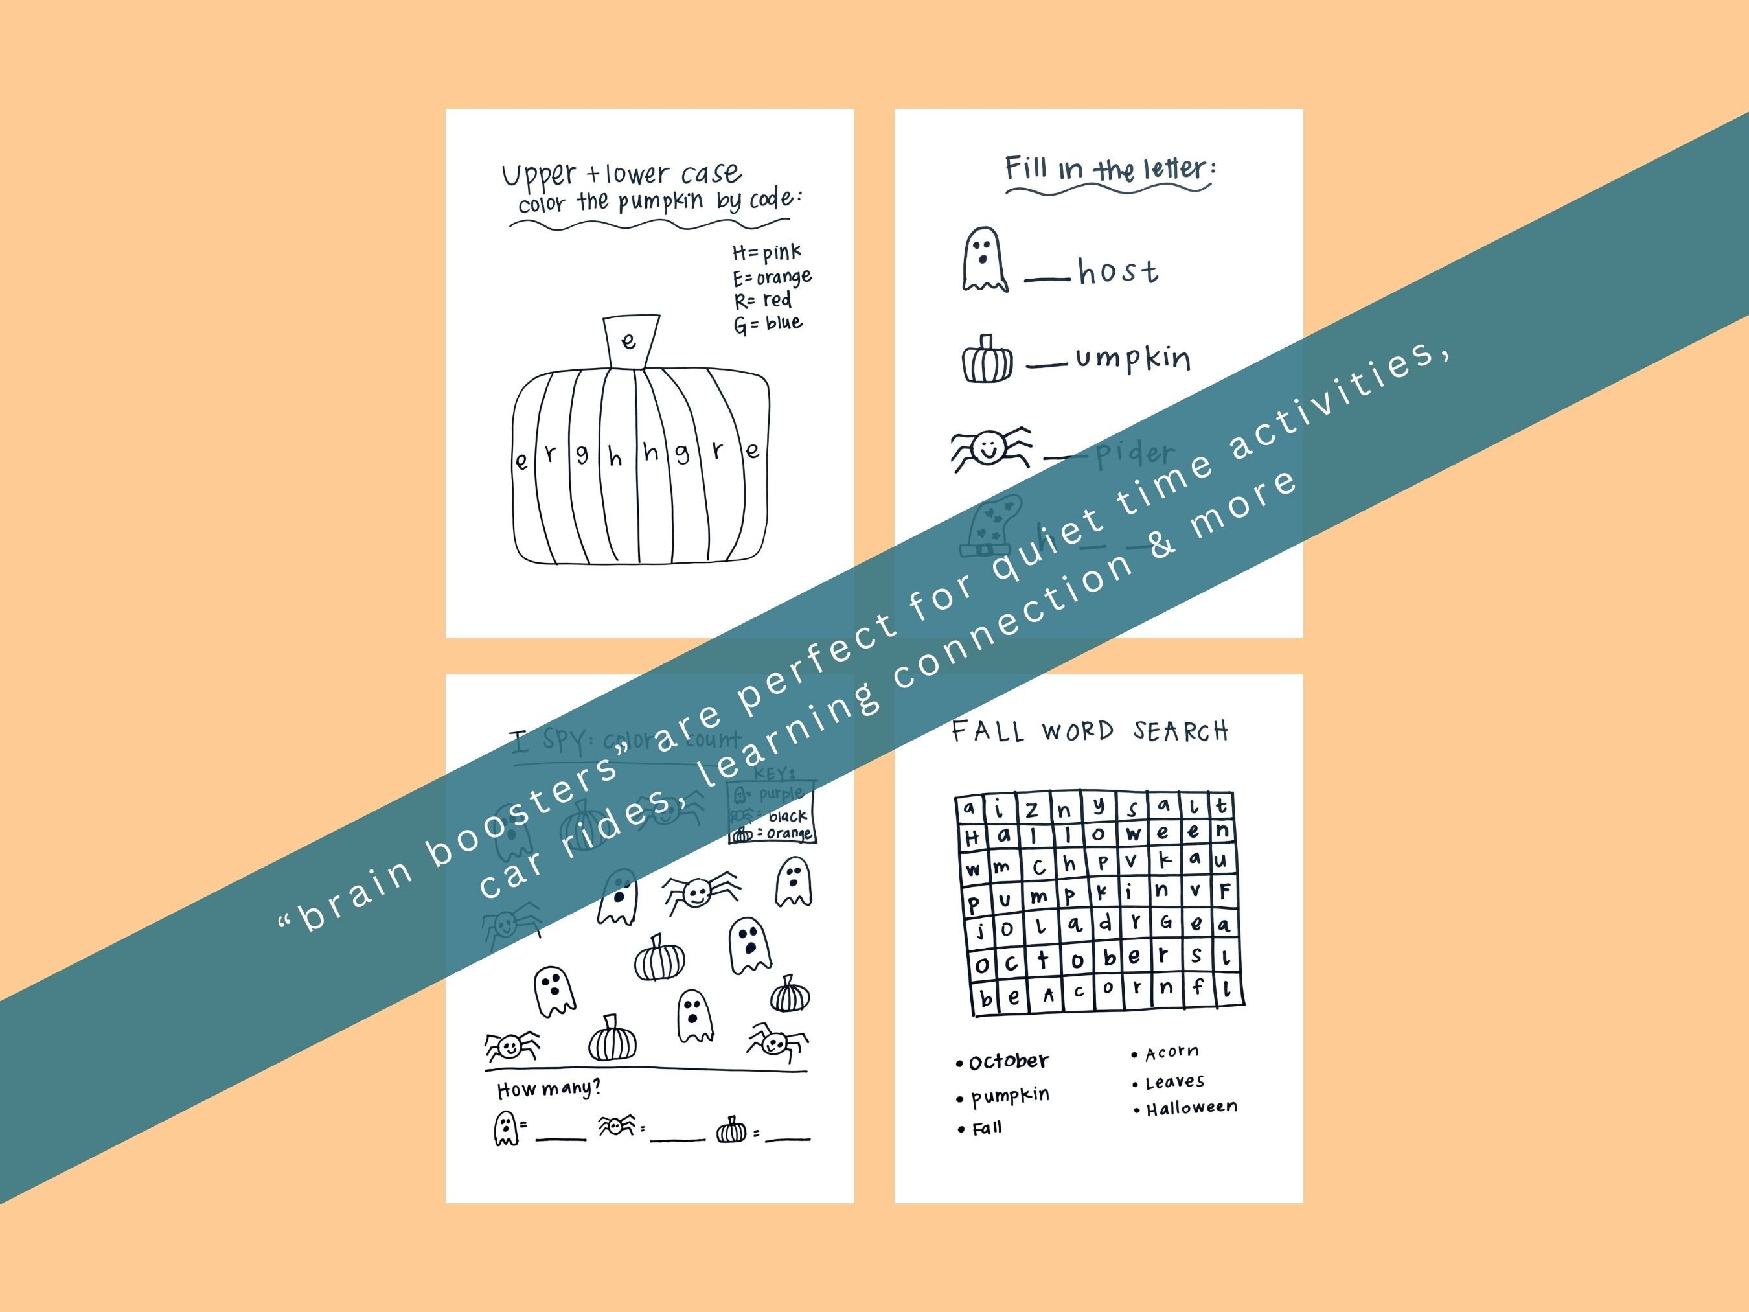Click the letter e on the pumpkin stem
tap(628, 341)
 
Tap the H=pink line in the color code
tap(766, 253)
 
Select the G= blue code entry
tap(768, 323)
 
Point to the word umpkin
tap(1132, 359)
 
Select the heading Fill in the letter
tap(1110, 169)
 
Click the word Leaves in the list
tap(1174, 1081)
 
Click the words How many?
tap(549, 1089)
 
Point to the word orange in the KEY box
tap(789, 834)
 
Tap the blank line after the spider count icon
tap(678, 1137)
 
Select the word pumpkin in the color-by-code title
tap(660, 201)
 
